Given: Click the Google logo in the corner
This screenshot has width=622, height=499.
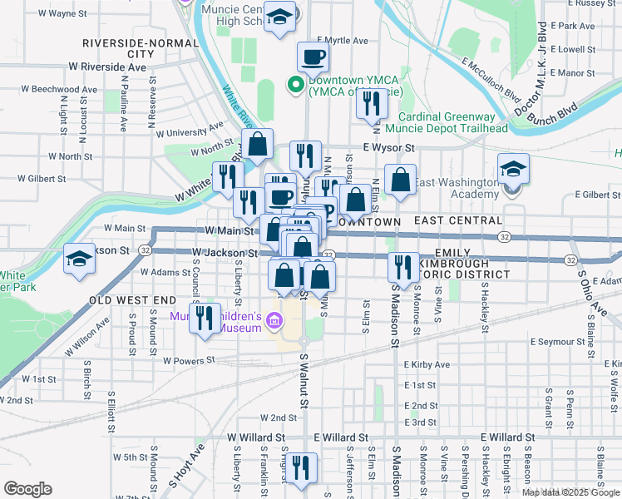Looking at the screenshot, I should tap(27, 489).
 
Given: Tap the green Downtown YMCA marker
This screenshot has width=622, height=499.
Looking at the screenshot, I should tap(294, 83).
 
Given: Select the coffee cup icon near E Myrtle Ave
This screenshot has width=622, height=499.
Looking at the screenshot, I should tap(313, 57).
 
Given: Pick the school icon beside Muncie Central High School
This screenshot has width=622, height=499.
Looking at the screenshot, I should tap(280, 17).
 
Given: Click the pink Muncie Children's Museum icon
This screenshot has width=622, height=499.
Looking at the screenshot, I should tap(276, 317).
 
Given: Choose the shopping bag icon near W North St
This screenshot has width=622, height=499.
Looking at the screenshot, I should tap(258, 143).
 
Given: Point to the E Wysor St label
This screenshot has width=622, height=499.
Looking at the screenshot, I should tap(388, 148).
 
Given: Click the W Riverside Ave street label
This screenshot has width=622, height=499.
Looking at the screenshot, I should tap(107, 66).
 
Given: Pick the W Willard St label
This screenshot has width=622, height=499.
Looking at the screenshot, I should tap(256, 437).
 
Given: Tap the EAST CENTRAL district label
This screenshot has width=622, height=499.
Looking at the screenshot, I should tap(458, 221).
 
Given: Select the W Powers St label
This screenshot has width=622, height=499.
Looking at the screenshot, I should tap(189, 361).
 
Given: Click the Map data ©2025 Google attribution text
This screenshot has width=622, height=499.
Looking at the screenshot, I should tap(571, 492).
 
